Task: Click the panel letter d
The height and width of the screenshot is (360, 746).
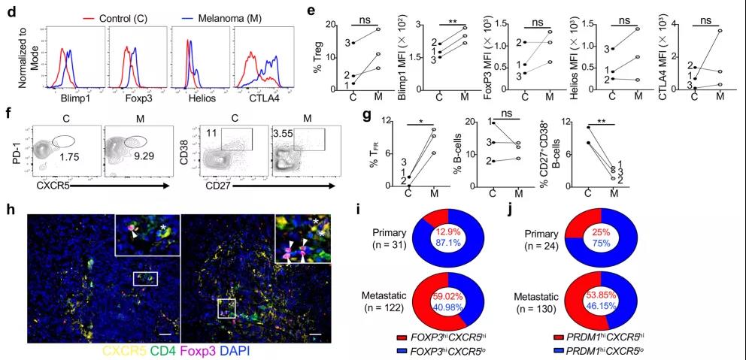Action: click(8, 8)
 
